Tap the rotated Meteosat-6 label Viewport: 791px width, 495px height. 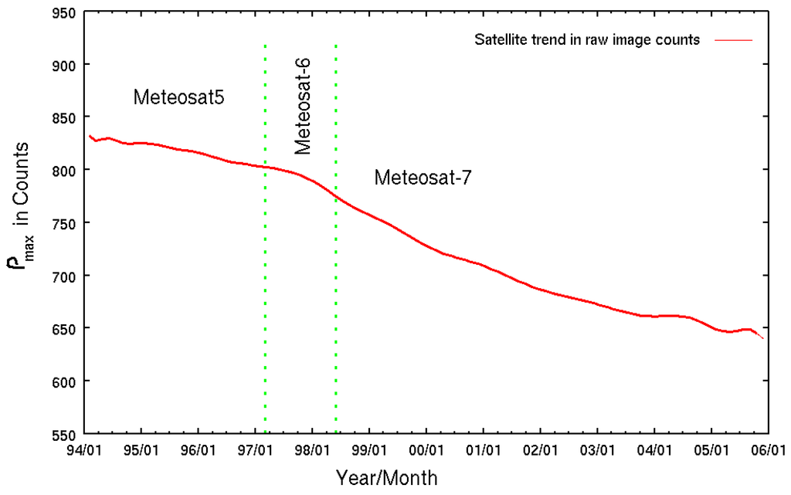coord(303,105)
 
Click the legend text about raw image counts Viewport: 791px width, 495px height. coord(587,40)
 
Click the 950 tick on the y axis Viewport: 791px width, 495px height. coord(64,12)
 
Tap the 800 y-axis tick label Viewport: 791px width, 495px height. coord(64,170)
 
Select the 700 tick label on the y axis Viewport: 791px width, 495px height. coord(64,276)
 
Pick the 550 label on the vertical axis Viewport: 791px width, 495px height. coord(64,434)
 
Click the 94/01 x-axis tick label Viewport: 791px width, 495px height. coord(84,449)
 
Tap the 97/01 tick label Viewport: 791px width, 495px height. coord(256,449)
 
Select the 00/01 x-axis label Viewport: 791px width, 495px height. coord(426,449)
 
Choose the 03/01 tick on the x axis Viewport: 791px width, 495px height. coord(597,449)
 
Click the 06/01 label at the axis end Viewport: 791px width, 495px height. coord(768,449)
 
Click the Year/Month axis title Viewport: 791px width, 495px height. coord(387,476)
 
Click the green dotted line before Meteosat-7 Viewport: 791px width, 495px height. coord(335,309)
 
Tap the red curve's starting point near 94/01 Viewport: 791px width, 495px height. coord(90,136)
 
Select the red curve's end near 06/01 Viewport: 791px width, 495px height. coord(763,338)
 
